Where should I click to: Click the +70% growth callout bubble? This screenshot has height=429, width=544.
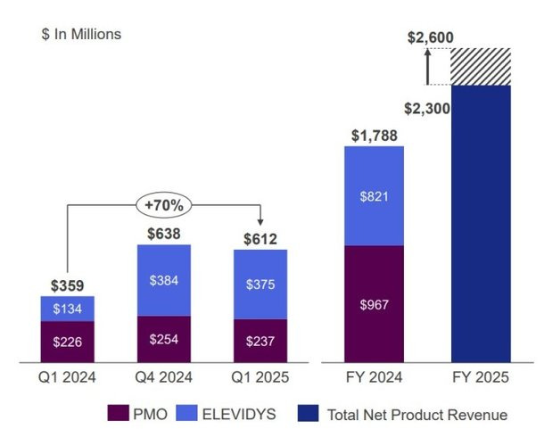pyautogui.click(x=164, y=204)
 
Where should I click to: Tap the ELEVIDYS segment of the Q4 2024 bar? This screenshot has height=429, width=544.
pyautogui.click(x=164, y=280)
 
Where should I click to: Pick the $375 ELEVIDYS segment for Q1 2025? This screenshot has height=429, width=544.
pyautogui.click(x=260, y=284)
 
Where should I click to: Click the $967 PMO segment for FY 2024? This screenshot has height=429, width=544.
pyautogui.click(x=374, y=304)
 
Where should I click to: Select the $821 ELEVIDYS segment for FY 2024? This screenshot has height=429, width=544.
pyautogui.click(x=374, y=195)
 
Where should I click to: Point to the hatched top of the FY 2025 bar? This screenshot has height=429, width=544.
pyautogui.click(x=481, y=67)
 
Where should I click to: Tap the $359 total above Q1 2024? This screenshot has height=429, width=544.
pyautogui.click(x=68, y=285)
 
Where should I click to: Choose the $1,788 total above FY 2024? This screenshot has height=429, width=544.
pyautogui.click(x=374, y=135)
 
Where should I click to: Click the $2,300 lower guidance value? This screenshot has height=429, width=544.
pyautogui.click(x=426, y=109)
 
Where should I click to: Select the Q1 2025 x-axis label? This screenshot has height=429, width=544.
pyautogui.click(x=260, y=378)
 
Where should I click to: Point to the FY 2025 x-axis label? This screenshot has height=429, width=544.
pyautogui.click(x=481, y=378)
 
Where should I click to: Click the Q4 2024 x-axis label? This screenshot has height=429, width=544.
pyautogui.click(x=164, y=378)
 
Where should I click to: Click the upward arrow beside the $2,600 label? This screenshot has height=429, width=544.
pyautogui.click(x=427, y=66)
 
